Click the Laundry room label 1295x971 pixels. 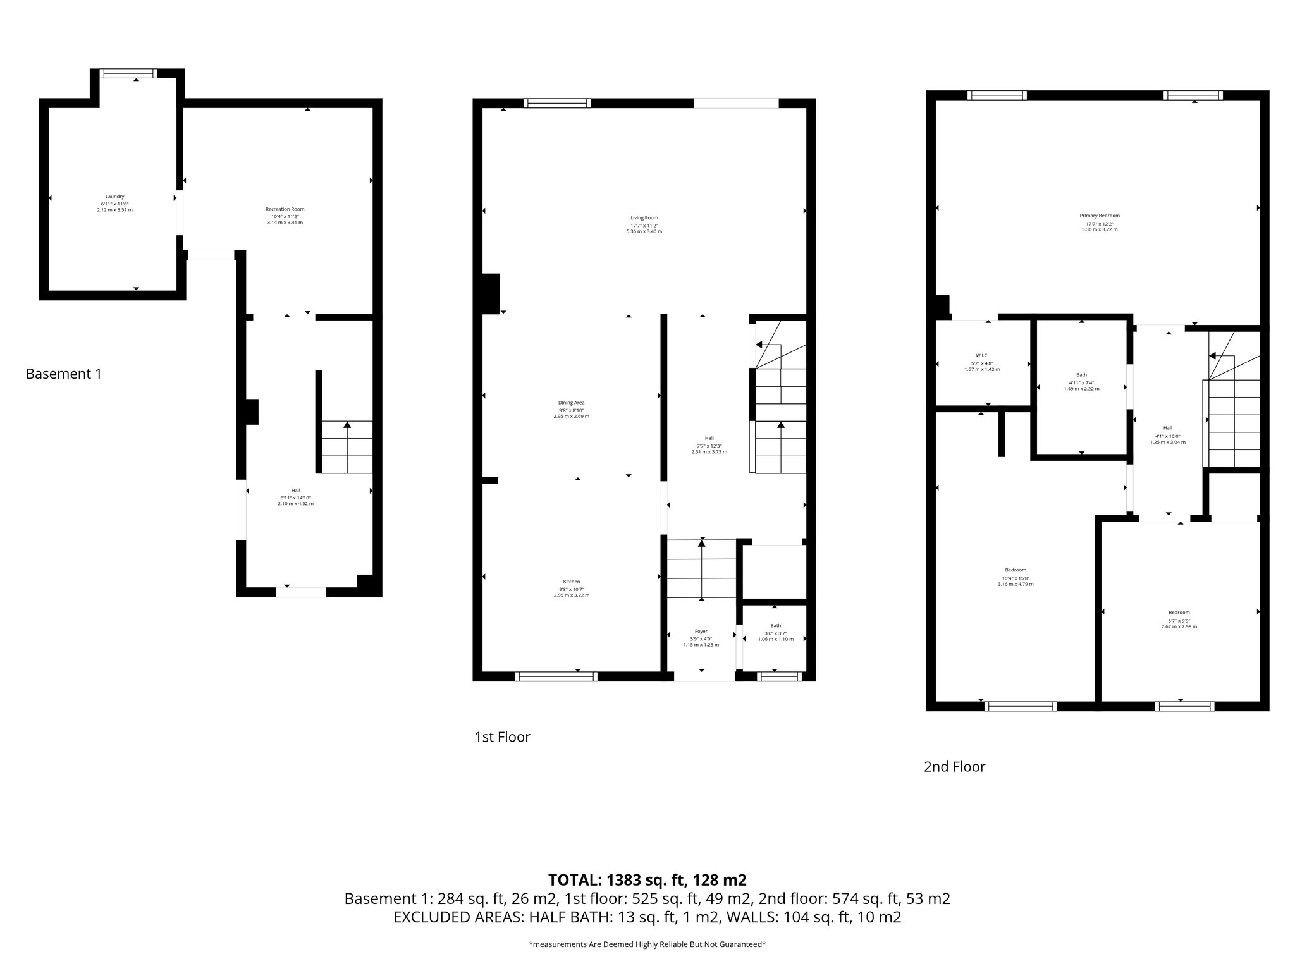[x=114, y=196]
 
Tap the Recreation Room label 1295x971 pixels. [x=285, y=209]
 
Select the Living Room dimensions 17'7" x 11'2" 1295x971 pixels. [x=644, y=225]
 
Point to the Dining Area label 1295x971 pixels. [x=571, y=403]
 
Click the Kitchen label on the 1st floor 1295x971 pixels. [x=571, y=582]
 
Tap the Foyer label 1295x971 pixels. [x=701, y=631]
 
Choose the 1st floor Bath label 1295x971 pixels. [x=775, y=626]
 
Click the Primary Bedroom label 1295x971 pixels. [x=1099, y=216]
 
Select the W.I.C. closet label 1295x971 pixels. [x=981, y=355]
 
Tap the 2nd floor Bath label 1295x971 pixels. [x=1081, y=375]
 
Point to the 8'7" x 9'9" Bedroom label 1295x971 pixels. [x=1179, y=612]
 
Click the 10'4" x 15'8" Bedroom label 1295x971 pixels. [x=1016, y=570]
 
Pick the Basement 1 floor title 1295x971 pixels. [x=63, y=374]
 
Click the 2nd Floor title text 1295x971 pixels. [x=954, y=767]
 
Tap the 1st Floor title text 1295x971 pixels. [x=502, y=736]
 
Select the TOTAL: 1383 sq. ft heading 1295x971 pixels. [x=647, y=880]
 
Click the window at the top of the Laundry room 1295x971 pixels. [x=130, y=73]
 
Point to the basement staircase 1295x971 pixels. [x=347, y=447]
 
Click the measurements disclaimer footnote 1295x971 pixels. [x=647, y=944]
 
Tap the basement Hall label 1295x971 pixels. [x=295, y=491]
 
